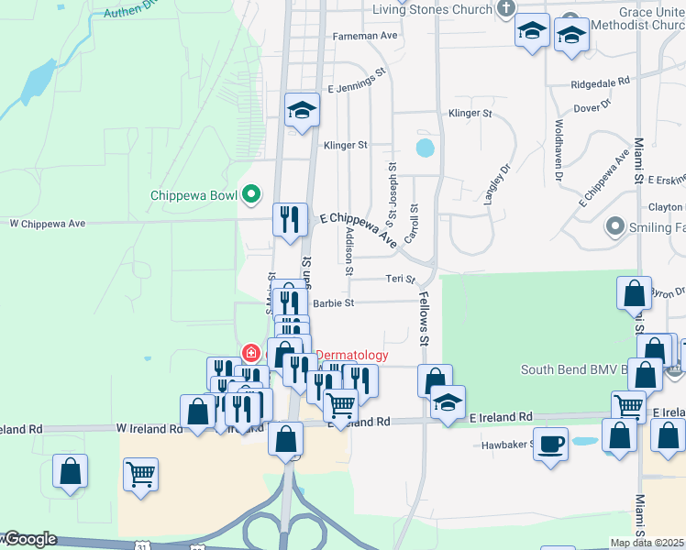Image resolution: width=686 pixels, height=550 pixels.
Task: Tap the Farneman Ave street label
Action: pyautogui.click(x=366, y=36)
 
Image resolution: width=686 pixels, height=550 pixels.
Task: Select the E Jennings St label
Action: pyautogui.click(x=358, y=90)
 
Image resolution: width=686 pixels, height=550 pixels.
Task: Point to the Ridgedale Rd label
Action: pyautogui.click(x=600, y=82)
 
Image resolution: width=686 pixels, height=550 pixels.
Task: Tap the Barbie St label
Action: pyautogui.click(x=334, y=302)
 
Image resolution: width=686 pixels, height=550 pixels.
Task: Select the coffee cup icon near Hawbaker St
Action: pyautogui.click(x=550, y=445)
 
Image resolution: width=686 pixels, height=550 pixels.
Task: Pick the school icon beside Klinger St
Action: pyautogui.click(x=301, y=111)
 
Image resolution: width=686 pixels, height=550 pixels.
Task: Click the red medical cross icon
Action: pyautogui.click(x=249, y=353)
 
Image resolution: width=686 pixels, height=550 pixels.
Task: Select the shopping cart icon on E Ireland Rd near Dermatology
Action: pyautogui.click(x=341, y=403)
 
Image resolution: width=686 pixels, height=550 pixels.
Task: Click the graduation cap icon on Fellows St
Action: pyautogui.click(x=448, y=401)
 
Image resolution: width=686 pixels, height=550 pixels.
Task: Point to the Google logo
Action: pyautogui.click(x=30, y=539)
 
